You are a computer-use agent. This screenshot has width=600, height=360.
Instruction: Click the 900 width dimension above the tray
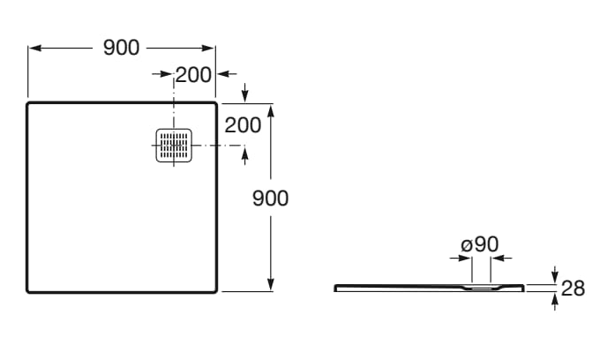[x=121, y=48]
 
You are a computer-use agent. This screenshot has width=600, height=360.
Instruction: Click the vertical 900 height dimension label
[x=271, y=199]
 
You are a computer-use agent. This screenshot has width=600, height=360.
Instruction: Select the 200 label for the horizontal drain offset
[x=193, y=75]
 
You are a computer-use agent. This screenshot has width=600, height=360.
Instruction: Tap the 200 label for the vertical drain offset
[x=243, y=125]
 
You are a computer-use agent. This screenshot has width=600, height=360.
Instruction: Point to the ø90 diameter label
[x=480, y=244]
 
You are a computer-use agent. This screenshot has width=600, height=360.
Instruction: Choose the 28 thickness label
[x=573, y=288]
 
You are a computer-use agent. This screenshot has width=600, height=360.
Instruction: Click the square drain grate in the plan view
[x=174, y=146]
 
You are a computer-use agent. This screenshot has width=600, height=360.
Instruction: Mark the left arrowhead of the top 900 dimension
[x=34, y=49]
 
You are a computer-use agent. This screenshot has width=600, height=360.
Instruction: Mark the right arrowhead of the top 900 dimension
[x=207, y=49]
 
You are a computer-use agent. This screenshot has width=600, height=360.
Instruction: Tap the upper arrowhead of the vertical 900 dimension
[x=271, y=111]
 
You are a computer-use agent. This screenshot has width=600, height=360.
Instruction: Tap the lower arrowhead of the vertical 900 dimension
[x=271, y=284]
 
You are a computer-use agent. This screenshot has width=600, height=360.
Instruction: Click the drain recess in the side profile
[x=482, y=288]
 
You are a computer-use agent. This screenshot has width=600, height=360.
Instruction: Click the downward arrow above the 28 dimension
[x=555, y=274]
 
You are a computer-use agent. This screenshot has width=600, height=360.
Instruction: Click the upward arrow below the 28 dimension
[x=555, y=302]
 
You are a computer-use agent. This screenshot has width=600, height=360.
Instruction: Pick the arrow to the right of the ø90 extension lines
[x=502, y=259]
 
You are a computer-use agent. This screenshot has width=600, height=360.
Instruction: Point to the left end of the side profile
[x=335, y=288]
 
